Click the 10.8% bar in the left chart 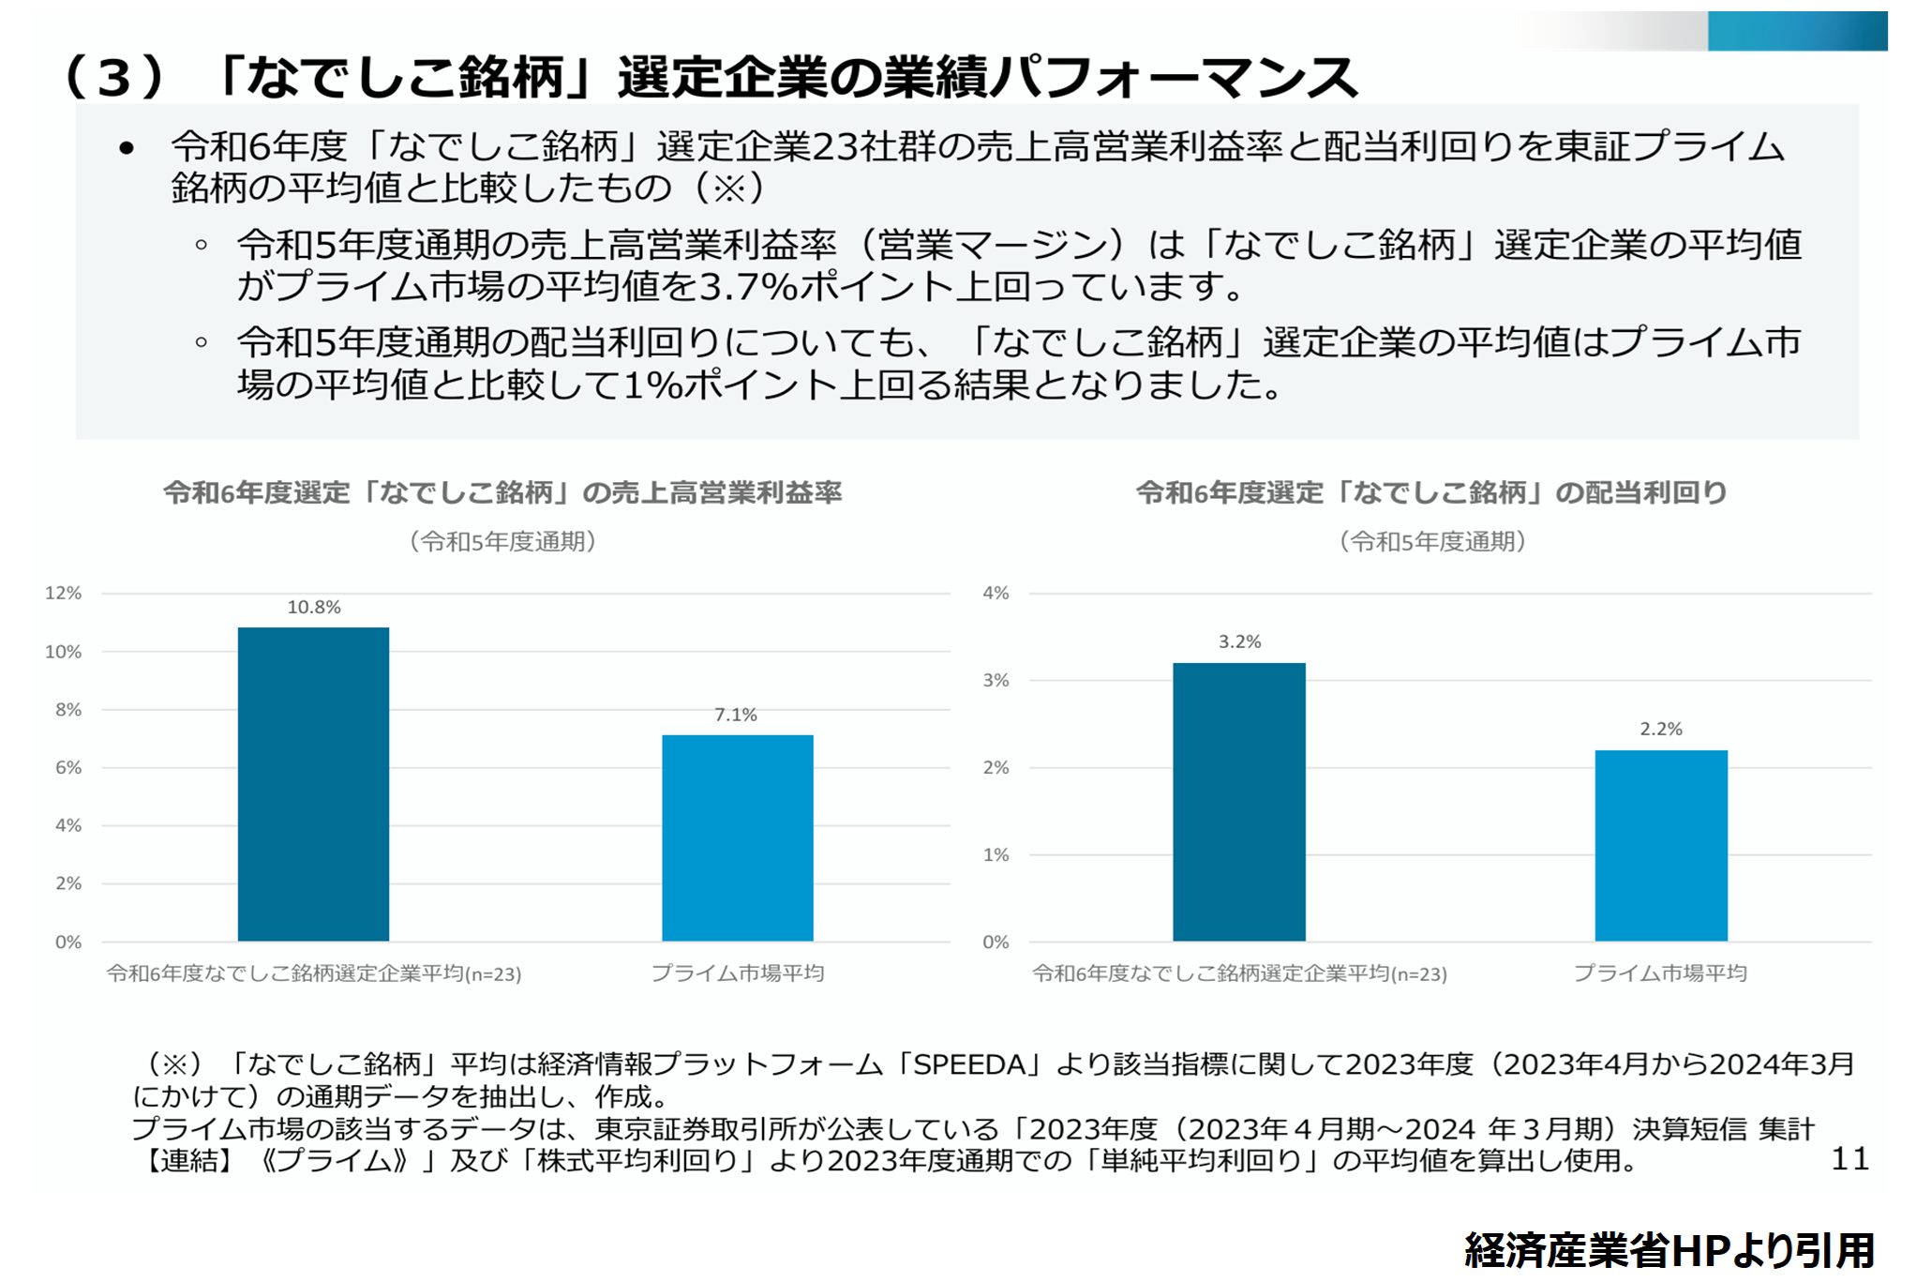coord(313,784)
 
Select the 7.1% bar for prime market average coord(738,837)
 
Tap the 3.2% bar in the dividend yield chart coord(1238,802)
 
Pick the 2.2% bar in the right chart coord(1661,845)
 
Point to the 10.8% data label coord(313,608)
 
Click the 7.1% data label coord(736,716)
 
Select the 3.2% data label coord(1239,642)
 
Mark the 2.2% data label coord(1661,730)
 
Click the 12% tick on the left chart coord(63,594)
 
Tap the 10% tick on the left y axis coord(63,652)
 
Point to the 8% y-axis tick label coord(67,710)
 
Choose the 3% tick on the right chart coord(995,681)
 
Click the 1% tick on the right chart coord(995,855)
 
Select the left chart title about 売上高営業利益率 coord(502,493)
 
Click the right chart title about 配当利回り coord(1431,493)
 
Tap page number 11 coord(1849,1159)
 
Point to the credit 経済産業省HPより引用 coord(1669,1251)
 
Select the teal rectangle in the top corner coord(1796,31)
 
